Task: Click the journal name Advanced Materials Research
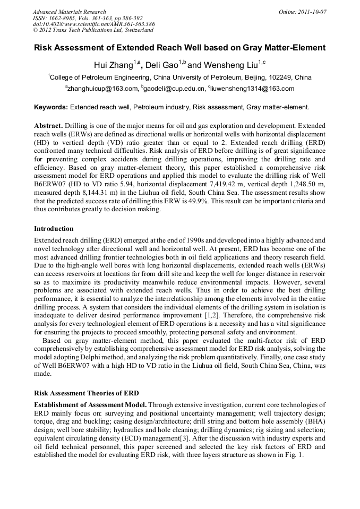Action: pyautogui.click(x=69, y=12)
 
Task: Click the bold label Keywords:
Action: pyautogui.click(x=51, y=107)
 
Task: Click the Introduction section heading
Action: pyautogui.click(x=54, y=229)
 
